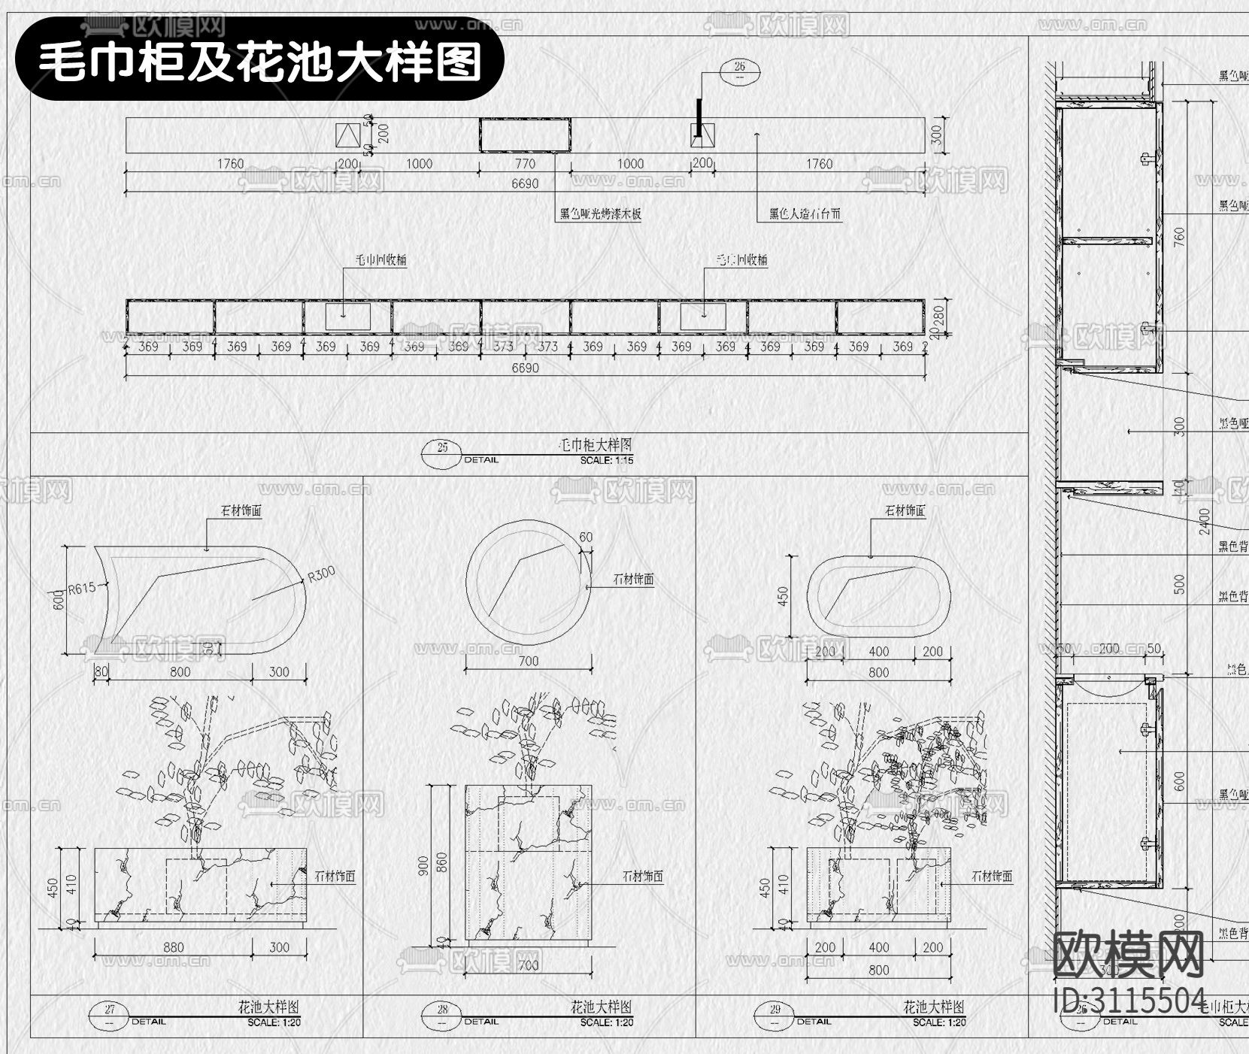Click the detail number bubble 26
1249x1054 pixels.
pos(740,71)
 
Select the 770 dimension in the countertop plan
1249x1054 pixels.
pos(525,164)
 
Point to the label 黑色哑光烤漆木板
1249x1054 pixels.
pos(600,214)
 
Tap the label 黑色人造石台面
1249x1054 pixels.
pos(805,214)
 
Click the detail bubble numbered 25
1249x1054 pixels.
pos(443,448)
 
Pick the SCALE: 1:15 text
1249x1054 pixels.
pos(606,460)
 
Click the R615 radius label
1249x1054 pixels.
pos(82,588)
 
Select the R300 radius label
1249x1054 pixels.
pos(321,574)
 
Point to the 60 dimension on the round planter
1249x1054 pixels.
pos(586,537)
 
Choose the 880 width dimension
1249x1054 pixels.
pos(174,947)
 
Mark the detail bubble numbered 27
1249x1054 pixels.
pos(110,1010)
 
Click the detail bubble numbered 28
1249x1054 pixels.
pos(442,1010)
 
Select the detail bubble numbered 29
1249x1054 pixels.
pos(775,1010)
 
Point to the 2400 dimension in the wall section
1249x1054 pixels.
pos(1205,521)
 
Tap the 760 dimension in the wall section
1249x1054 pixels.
pos(1179,237)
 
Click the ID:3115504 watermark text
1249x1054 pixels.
pos(1130,1001)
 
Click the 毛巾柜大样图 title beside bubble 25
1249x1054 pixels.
pos(596,446)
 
